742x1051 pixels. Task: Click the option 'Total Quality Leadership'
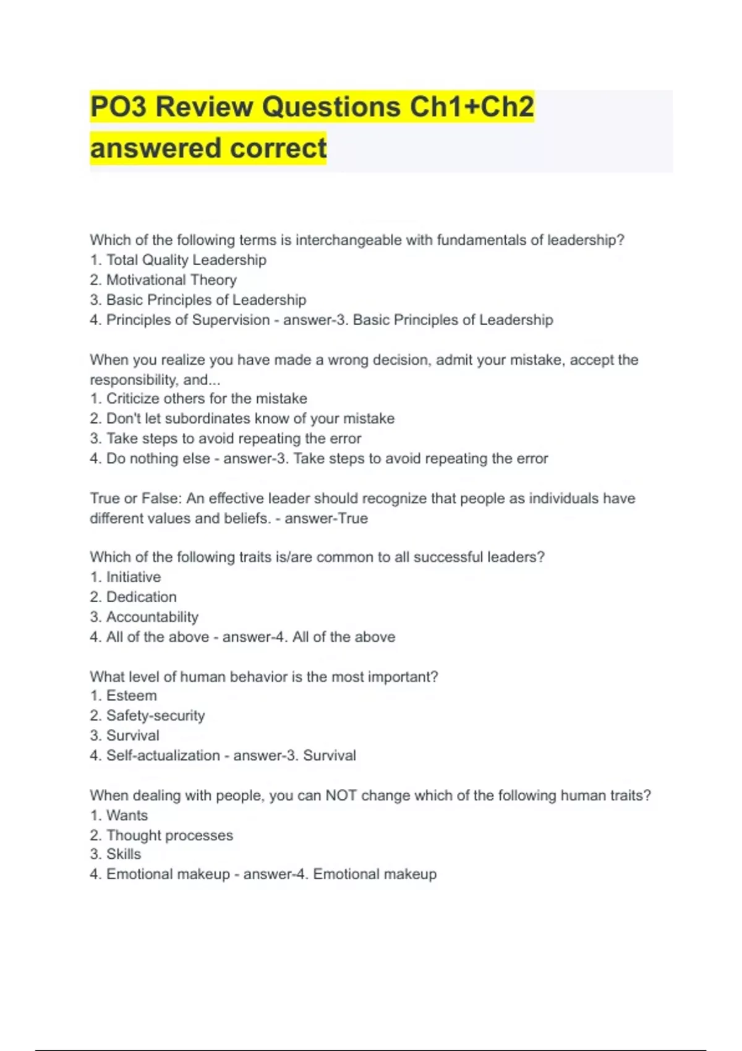pyautogui.click(x=186, y=260)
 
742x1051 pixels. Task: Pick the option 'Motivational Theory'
pyautogui.click(x=171, y=280)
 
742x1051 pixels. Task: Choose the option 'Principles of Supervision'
pyautogui.click(x=188, y=320)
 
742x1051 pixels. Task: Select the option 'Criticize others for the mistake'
pyautogui.click(x=207, y=399)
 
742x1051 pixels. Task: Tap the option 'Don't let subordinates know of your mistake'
pyautogui.click(x=250, y=419)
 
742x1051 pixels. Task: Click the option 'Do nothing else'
pyautogui.click(x=158, y=459)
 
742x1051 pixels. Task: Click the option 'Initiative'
pyautogui.click(x=134, y=577)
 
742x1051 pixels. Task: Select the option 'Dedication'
pyautogui.click(x=142, y=597)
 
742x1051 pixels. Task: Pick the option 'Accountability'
pyautogui.click(x=152, y=617)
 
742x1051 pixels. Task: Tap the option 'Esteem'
pyautogui.click(x=132, y=696)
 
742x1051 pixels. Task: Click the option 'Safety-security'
pyautogui.click(x=155, y=716)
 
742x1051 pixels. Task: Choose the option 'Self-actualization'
pyautogui.click(x=163, y=755)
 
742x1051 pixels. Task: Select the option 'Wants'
pyautogui.click(x=127, y=815)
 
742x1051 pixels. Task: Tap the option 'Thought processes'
pyautogui.click(x=169, y=835)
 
